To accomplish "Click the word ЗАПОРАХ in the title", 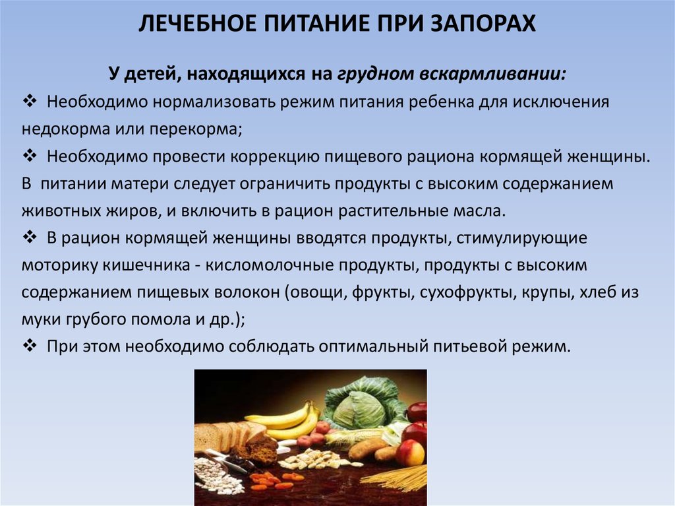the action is tap(483, 23).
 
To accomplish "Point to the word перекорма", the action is tap(196, 130).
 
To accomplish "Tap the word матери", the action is tap(140, 183).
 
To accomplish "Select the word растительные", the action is tap(394, 210).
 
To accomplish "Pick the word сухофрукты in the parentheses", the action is tap(468, 293).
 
